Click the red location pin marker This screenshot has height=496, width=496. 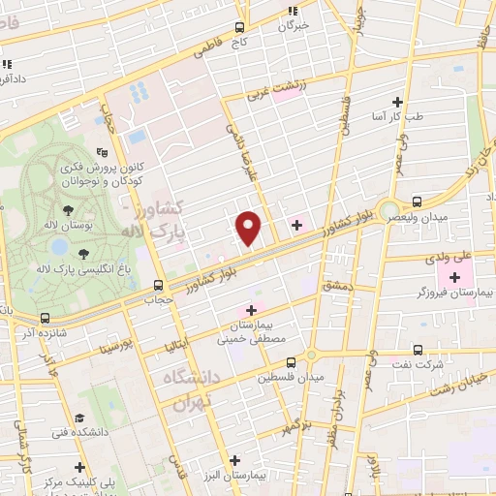(x=249, y=228)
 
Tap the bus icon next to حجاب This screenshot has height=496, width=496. (x=159, y=285)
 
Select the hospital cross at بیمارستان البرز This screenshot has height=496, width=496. (x=233, y=460)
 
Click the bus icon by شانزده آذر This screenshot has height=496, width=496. (x=44, y=317)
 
